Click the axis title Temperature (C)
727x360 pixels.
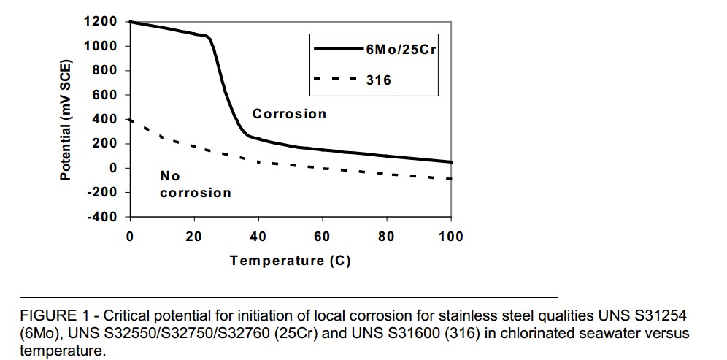pyautogui.click(x=291, y=261)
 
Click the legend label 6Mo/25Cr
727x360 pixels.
pyautogui.click(x=401, y=50)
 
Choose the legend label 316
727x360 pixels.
pyautogui.click(x=379, y=80)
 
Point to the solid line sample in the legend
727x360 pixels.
pyautogui.click(x=339, y=50)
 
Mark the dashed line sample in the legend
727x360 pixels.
pyautogui.click(x=339, y=80)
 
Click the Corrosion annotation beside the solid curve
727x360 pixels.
pyautogui.click(x=289, y=114)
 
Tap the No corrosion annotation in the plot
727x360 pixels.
pyautogui.click(x=195, y=185)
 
